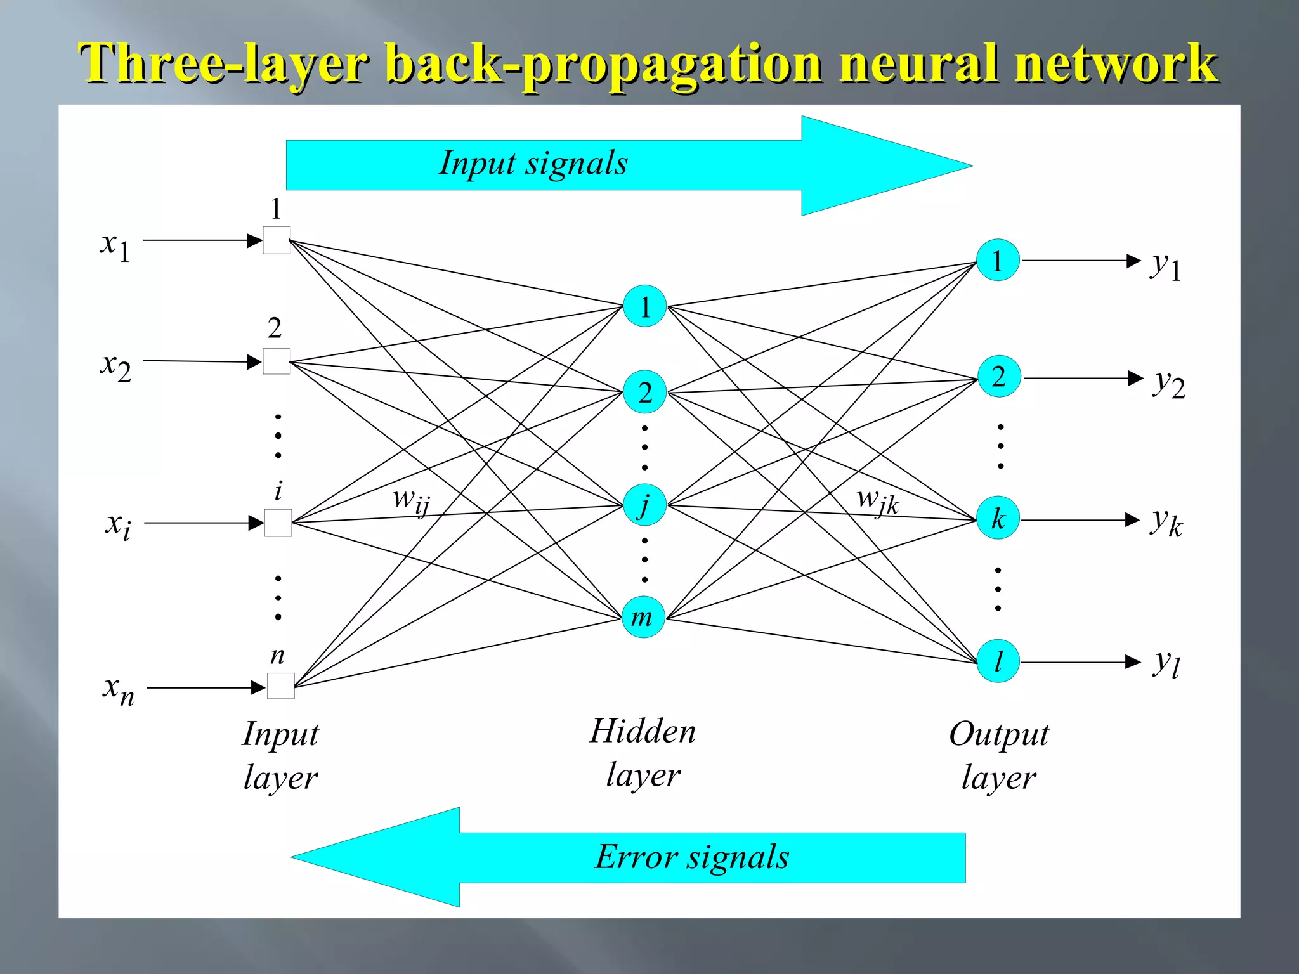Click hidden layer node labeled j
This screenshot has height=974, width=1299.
pyautogui.click(x=644, y=505)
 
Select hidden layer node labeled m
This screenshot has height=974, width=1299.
pyautogui.click(x=643, y=617)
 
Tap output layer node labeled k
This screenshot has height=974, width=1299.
pyautogui.click(x=998, y=519)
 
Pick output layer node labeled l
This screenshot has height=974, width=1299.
pyautogui.click(x=998, y=661)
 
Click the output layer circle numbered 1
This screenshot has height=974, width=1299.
pyautogui.click(x=998, y=261)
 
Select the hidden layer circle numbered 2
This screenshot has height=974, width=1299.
pyautogui.click(x=644, y=393)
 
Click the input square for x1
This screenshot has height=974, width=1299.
pyautogui.click(x=277, y=240)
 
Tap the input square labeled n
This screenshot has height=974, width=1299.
pyautogui.click(x=281, y=686)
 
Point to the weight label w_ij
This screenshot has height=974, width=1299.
pyautogui.click(x=411, y=501)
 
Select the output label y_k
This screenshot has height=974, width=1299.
pyautogui.click(x=1166, y=522)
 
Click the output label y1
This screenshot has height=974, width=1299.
pyautogui.click(x=1166, y=264)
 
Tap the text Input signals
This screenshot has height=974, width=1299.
pyautogui.click(x=533, y=164)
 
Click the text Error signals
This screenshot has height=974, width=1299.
pyautogui.click(x=692, y=857)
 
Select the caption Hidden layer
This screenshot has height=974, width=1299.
pyautogui.click(x=643, y=753)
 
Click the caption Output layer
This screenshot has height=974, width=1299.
pyautogui.click(x=999, y=755)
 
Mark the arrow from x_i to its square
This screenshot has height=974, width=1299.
pyautogui.click(x=203, y=523)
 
